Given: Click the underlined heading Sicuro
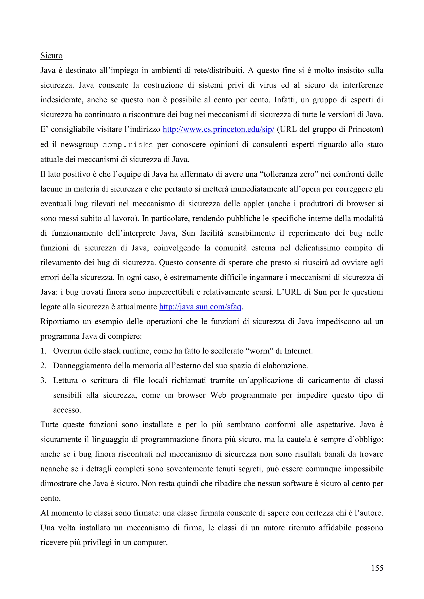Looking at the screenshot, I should pyautogui.click(x=51, y=56).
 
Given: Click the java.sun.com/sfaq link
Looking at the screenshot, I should pyautogui.click(x=200, y=307).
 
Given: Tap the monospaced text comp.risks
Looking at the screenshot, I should pyautogui.click(x=127, y=145).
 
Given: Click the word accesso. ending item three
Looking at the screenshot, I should pyautogui.click(x=67, y=410).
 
